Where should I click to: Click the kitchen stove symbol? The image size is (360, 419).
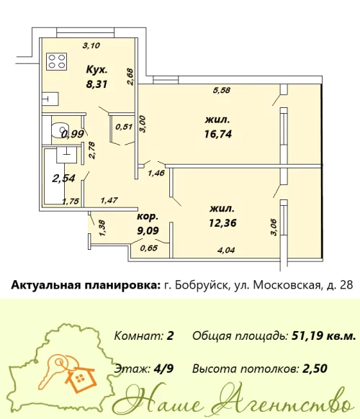(x=55, y=61)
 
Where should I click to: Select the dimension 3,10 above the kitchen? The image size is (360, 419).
(x=91, y=45)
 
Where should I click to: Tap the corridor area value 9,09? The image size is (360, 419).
(x=149, y=231)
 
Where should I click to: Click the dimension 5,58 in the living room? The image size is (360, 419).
(x=222, y=91)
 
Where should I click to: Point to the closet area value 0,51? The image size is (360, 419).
(x=122, y=127)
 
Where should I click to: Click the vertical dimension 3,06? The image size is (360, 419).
(x=272, y=226)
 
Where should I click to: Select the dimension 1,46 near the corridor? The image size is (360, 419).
(x=156, y=173)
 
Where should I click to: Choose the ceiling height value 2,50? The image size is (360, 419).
(x=314, y=369)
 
